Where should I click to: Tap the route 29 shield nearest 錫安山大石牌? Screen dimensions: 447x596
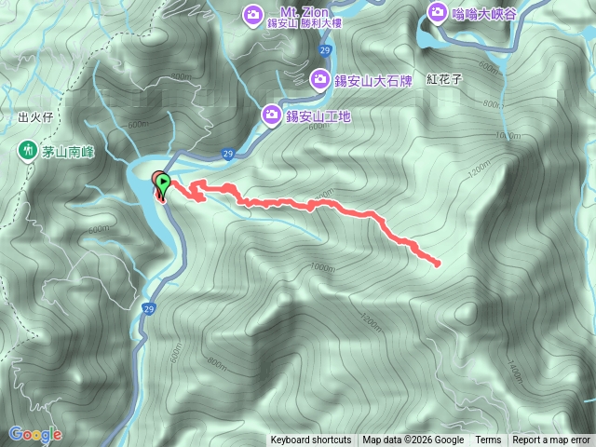tap(323, 49)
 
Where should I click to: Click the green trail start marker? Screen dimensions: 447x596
tap(165, 182)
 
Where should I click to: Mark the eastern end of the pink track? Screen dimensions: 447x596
tap(438, 264)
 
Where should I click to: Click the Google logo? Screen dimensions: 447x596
tap(35, 434)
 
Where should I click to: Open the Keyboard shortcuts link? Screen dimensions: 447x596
tap(311, 440)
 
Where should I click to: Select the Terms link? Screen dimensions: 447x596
tap(488, 440)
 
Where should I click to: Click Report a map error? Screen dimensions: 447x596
tap(552, 440)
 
